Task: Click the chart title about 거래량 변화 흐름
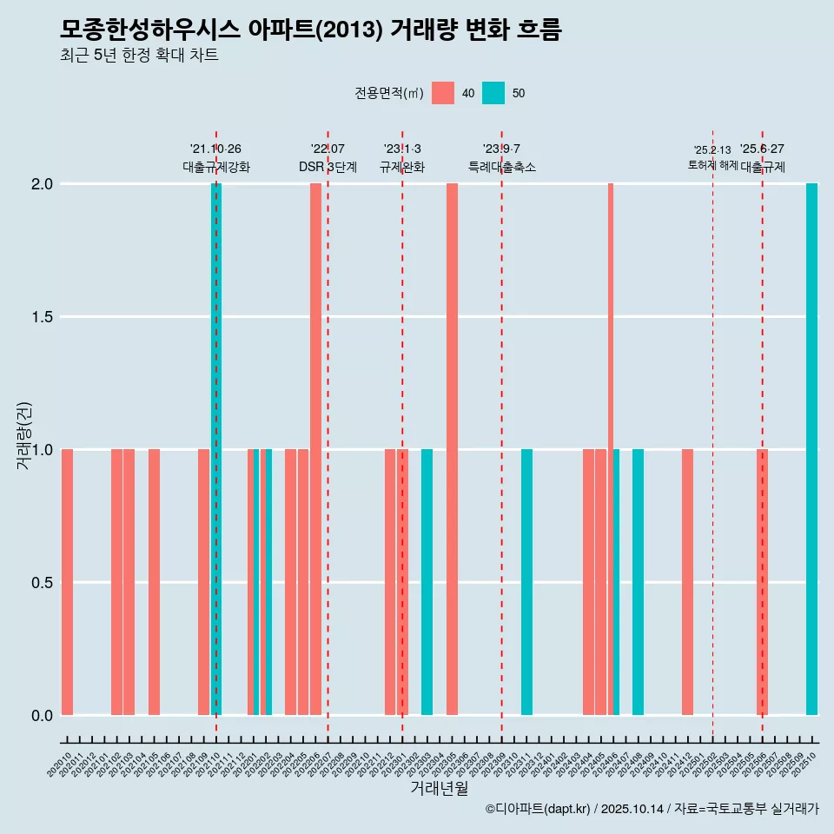(x=311, y=30)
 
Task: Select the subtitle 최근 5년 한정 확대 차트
(x=139, y=56)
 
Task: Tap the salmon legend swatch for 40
(x=443, y=93)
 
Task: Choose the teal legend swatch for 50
(x=493, y=93)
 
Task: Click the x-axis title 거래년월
(x=439, y=788)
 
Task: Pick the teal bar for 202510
(x=811, y=449)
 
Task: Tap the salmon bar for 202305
(x=452, y=449)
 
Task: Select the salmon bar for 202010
(x=67, y=582)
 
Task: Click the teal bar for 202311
(x=526, y=582)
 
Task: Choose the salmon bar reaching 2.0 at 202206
(x=315, y=449)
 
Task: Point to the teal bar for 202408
(x=638, y=582)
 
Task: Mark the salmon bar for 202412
(x=687, y=582)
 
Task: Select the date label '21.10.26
(x=215, y=149)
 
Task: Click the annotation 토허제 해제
(x=712, y=165)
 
